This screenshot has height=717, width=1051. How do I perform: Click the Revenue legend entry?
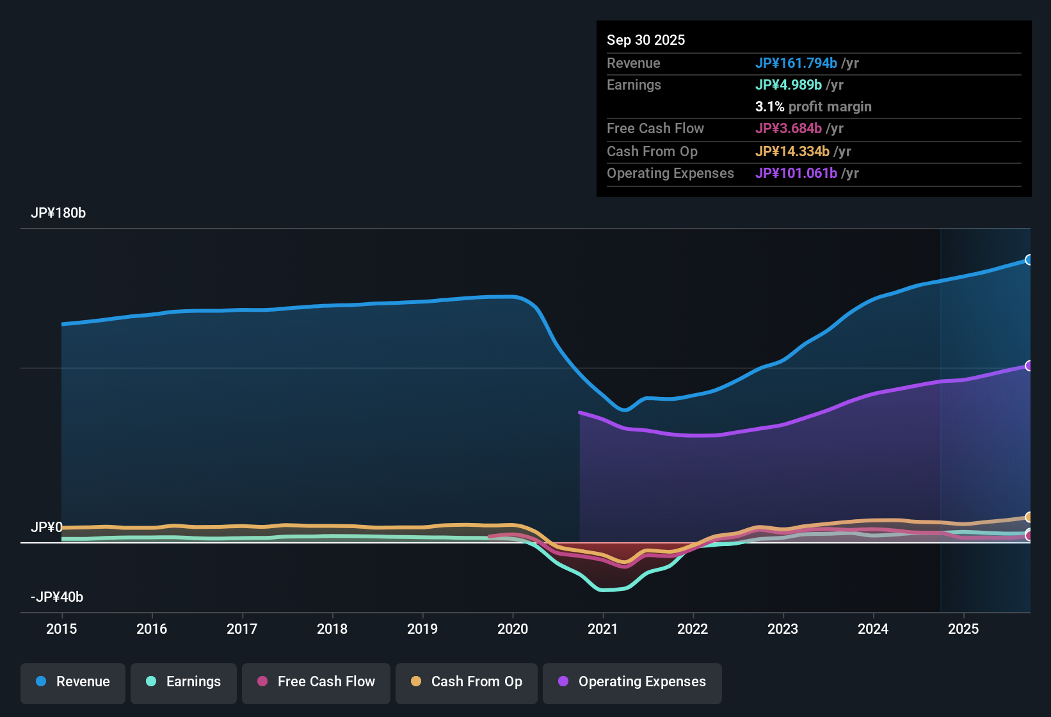(73, 682)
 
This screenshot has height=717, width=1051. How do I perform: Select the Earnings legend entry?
(184, 682)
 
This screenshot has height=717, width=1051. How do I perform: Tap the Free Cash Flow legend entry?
(316, 682)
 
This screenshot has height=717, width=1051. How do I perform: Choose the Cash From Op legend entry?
(467, 682)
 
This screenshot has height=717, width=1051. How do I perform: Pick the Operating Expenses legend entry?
(632, 682)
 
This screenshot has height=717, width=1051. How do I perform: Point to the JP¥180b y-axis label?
(58, 213)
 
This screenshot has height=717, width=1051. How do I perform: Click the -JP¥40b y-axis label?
(57, 597)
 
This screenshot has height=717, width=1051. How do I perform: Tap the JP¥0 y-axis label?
(46, 528)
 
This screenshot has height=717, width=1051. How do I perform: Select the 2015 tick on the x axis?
(61, 629)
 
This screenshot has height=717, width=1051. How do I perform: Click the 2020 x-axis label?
(513, 629)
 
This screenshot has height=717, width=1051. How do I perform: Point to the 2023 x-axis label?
(783, 629)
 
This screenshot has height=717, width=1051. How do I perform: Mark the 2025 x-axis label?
(963, 629)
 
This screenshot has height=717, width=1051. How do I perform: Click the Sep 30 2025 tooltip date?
(646, 40)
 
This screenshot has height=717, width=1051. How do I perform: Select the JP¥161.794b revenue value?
(796, 63)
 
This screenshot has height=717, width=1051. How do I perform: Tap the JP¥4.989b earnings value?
(789, 85)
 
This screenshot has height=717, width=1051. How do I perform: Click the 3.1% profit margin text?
(813, 107)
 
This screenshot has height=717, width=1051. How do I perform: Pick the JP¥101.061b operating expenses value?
(796, 173)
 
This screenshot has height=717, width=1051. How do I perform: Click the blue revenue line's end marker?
(1029, 260)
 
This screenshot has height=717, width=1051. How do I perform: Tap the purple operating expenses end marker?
(1029, 366)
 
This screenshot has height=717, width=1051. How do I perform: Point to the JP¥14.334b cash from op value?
(792, 152)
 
